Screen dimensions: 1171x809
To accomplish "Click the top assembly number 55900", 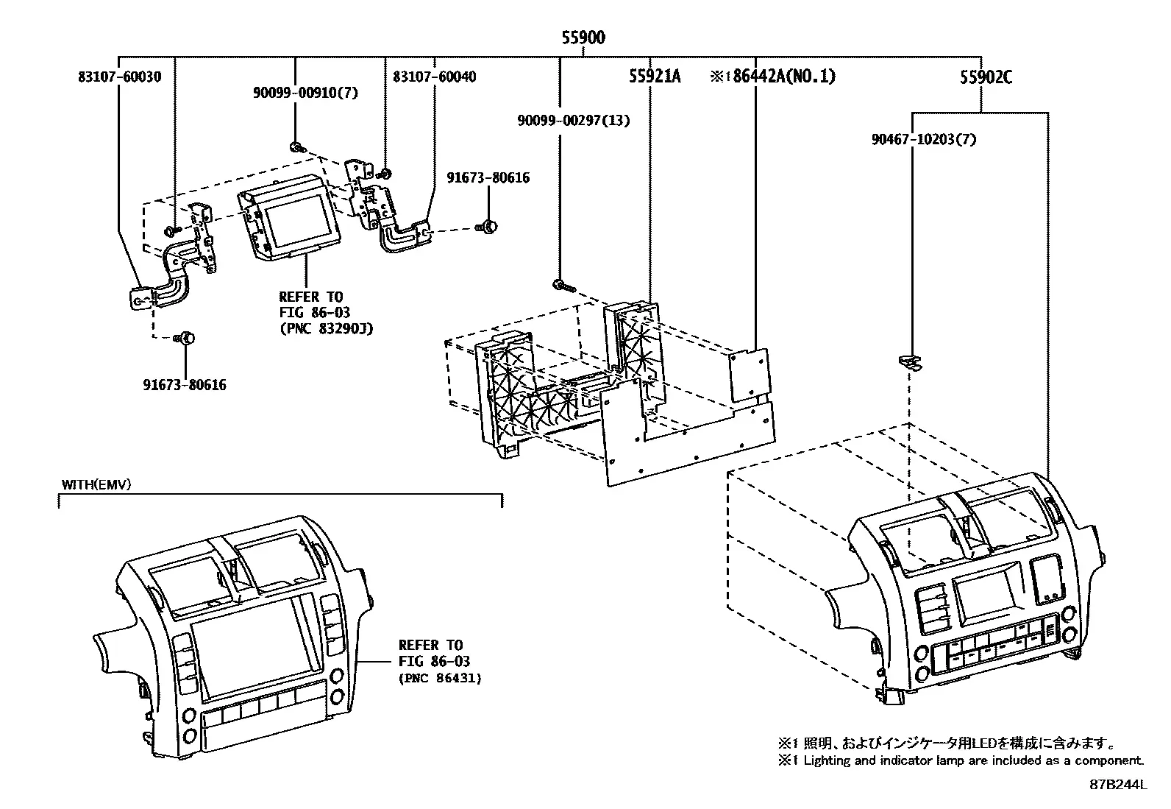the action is [583, 38].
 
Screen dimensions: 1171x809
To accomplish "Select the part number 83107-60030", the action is [120, 77].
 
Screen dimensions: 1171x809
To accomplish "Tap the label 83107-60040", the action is [435, 77].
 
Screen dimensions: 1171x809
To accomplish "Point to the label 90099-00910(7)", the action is [306, 93].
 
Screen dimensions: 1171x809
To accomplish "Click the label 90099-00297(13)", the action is [574, 120].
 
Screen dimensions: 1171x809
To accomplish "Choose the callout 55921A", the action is [655, 77].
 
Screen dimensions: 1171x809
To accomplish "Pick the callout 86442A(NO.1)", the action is [783, 77].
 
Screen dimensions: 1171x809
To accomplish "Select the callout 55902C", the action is [986, 77].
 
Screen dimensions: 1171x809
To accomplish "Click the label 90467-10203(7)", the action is [924, 140].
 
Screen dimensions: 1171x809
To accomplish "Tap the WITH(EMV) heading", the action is [96, 484].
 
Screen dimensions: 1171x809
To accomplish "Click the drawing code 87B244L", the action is [1118, 785].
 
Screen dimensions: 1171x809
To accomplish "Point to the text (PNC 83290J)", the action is [327, 329].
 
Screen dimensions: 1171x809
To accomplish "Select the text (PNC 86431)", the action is [440, 679].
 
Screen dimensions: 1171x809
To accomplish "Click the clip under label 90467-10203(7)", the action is [910, 362].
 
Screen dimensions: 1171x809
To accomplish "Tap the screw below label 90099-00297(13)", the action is [563, 286].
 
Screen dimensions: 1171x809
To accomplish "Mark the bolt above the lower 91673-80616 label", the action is [185, 339].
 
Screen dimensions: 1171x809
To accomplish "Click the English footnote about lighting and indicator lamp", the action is [961, 760].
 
